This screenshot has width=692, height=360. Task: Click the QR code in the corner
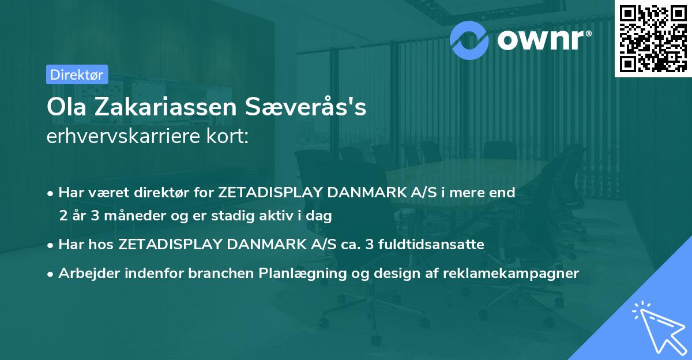coord(653,39)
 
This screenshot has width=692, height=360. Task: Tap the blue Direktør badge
coord(76,74)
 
